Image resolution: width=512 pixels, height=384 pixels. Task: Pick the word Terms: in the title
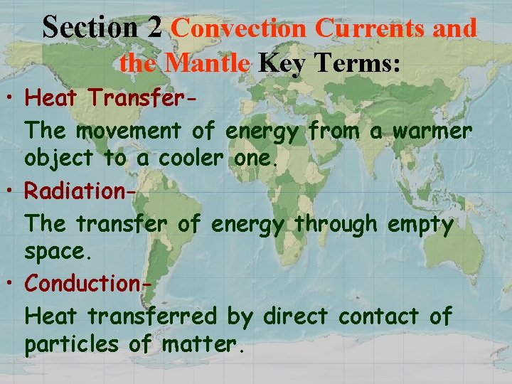coord(360,63)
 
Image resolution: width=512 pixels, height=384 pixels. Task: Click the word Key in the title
coord(282,64)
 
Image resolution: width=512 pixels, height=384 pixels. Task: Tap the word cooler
coord(170,158)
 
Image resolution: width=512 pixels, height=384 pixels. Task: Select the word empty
coord(420,225)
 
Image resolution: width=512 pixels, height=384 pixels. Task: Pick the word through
coord(336,225)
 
